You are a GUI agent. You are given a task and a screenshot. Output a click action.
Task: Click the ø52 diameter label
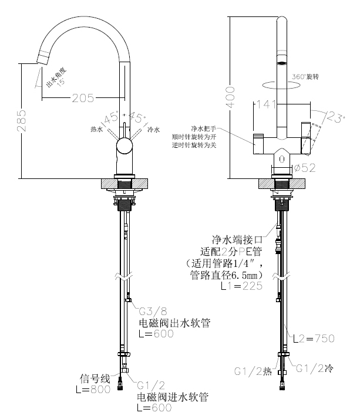coord(305,168)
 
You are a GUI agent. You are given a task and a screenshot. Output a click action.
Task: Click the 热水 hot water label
coord(96,129)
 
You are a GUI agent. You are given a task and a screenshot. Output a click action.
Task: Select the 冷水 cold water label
coord(153,129)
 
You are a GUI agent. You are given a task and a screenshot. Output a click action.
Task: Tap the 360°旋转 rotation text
coord(305,77)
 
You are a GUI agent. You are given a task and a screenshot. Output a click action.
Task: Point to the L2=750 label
coord(314,338)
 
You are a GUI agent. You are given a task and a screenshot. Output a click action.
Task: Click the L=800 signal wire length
coord(93,389)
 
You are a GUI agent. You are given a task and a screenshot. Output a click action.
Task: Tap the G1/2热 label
coord(252,371)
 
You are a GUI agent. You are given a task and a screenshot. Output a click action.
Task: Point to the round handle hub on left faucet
coord(125,146)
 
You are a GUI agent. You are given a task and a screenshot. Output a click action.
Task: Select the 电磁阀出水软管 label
coord(174,323)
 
